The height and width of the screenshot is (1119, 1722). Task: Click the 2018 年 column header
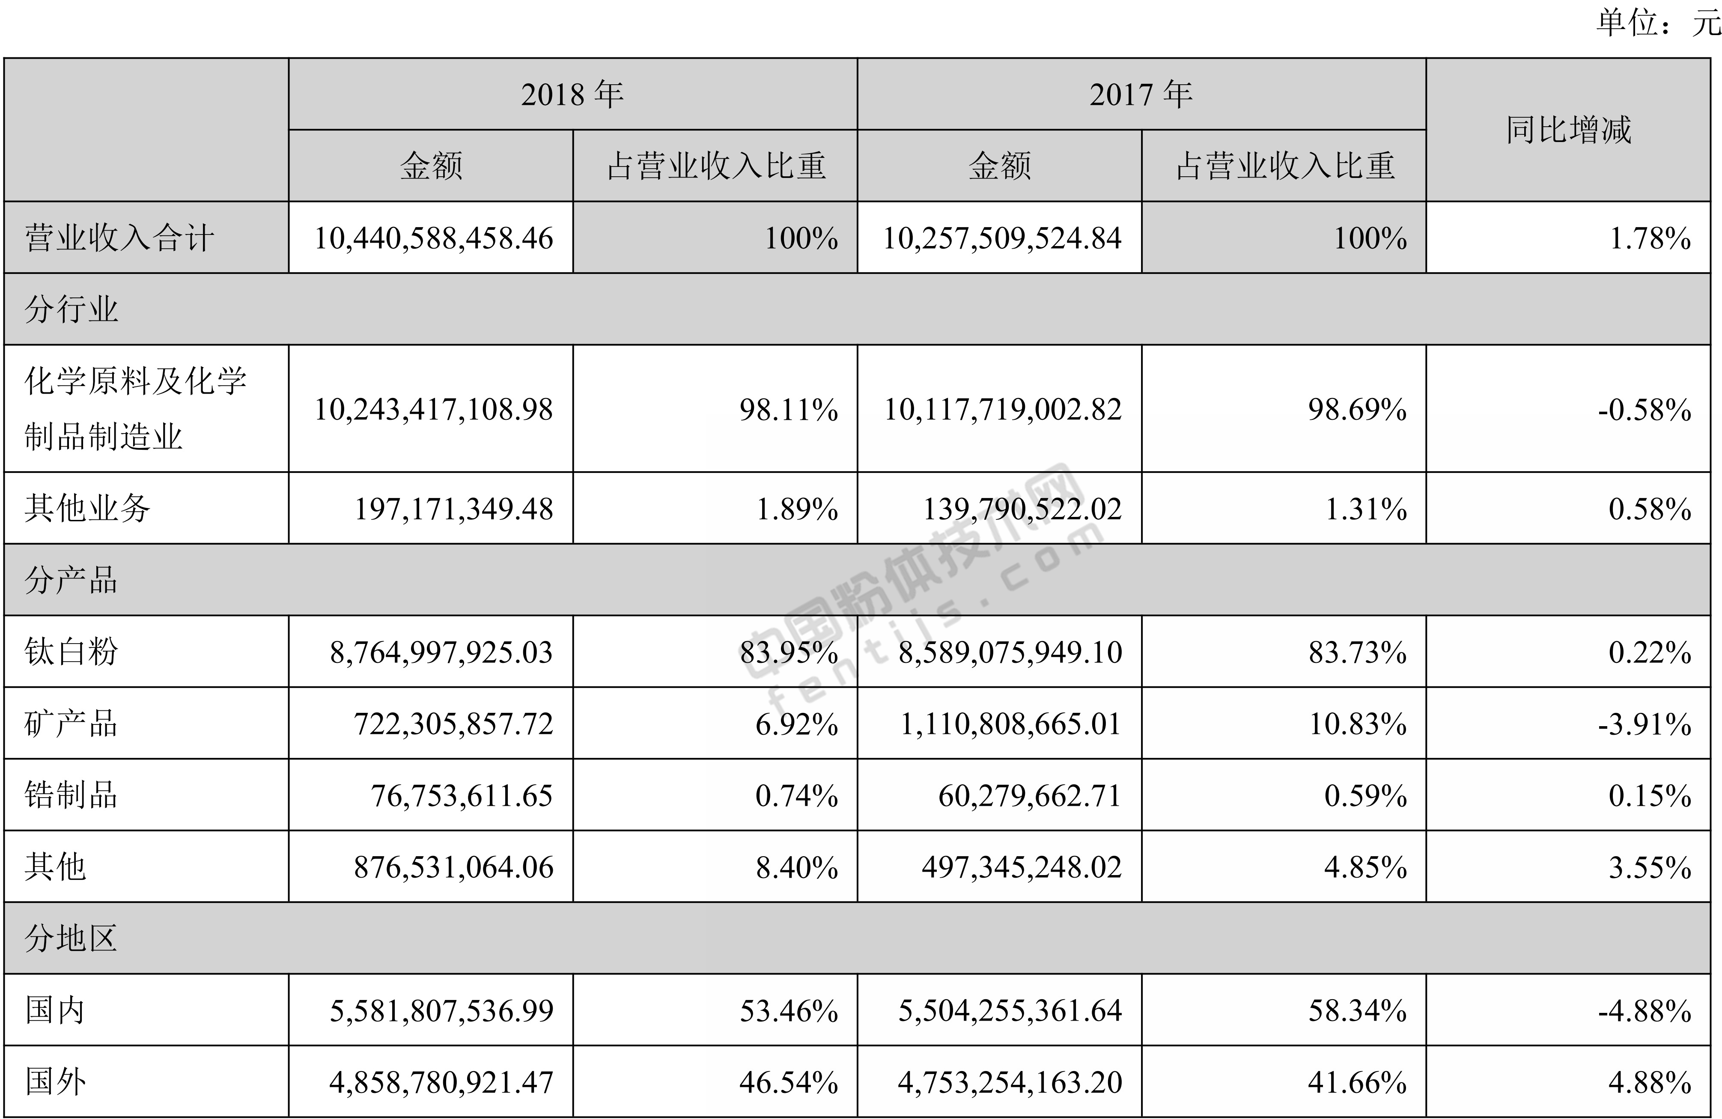pos(572,94)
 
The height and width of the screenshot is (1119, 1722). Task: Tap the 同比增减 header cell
pos(1568,130)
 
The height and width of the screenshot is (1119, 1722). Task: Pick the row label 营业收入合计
pos(119,238)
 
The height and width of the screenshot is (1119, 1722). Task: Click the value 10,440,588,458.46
pos(433,238)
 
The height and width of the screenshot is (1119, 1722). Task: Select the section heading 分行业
pos(71,309)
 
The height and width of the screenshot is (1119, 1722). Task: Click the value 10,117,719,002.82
pos(1002,410)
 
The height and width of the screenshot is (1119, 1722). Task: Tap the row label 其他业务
pos(87,508)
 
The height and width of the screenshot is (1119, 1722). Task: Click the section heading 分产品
pos(71,580)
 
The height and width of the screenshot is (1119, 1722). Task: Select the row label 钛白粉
pos(71,652)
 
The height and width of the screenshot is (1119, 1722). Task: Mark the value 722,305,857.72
pos(453,723)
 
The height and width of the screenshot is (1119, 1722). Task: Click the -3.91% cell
pos(1644,723)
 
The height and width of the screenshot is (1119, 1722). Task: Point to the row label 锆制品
pos(71,795)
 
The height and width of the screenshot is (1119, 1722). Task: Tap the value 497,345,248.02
pos(1021,867)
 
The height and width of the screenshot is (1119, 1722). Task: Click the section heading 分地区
pos(71,938)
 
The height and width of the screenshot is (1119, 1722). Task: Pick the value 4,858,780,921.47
pos(441,1081)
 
